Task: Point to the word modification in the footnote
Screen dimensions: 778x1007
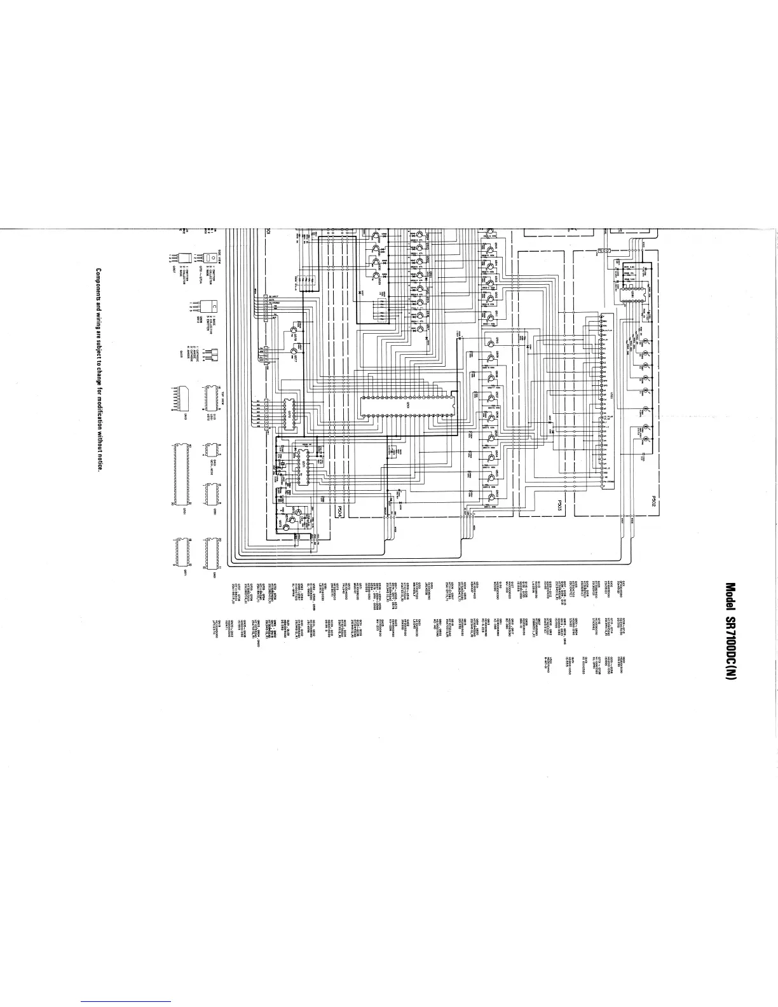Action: tap(99, 408)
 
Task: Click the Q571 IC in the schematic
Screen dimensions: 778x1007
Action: tap(304, 464)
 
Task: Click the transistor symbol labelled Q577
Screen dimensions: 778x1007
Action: tap(294, 350)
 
